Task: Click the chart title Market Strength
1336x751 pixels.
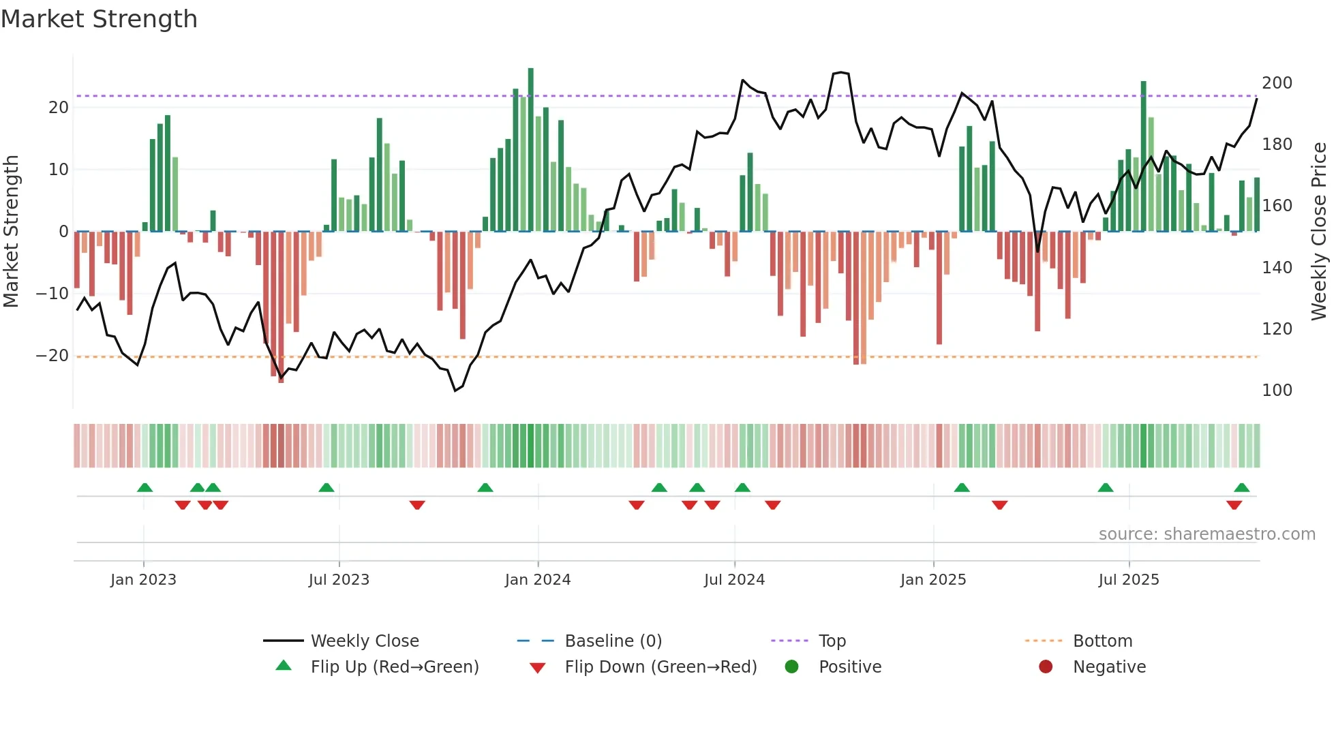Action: pyautogui.click(x=99, y=19)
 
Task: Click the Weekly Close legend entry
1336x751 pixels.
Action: pyautogui.click(x=364, y=641)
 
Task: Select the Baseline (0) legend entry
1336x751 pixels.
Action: pyautogui.click(x=613, y=641)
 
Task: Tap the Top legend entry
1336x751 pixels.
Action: pyautogui.click(x=832, y=641)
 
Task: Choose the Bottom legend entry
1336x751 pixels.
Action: pyautogui.click(x=1102, y=641)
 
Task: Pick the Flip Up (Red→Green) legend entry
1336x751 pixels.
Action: pyautogui.click(x=394, y=667)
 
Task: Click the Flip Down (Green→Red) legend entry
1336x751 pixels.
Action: pyautogui.click(x=660, y=667)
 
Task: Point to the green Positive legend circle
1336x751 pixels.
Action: pyautogui.click(x=791, y=666)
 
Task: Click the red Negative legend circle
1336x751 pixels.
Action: pyautogui.click(x=1046, y=666)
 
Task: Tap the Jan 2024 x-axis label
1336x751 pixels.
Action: pyautogui.click(x=537, y=580)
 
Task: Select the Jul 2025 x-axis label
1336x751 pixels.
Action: pyautogui.click(x=1128, y=580)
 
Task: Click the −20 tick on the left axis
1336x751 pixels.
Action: pyautogui.click(x=52, y=356)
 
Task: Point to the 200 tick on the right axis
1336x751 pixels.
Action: pyautogui.click(x=1277, y=83)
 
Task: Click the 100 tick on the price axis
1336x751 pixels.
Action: pyautogui.click(x=1277, y=390)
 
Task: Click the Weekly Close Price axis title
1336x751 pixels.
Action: pyautogui.click(x=1319, y=232)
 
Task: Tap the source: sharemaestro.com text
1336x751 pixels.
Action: pyautogui.click(x=1206, y=534)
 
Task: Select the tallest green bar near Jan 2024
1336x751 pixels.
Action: pyautogui.click(x=531, y=150)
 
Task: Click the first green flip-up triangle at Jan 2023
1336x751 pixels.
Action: pyautogui.click(x=145, y=488)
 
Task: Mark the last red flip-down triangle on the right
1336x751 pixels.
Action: pyautogui.click(x=1234, y=505)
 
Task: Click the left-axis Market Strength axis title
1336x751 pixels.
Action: pyautogui.click(x=12, y=232)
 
